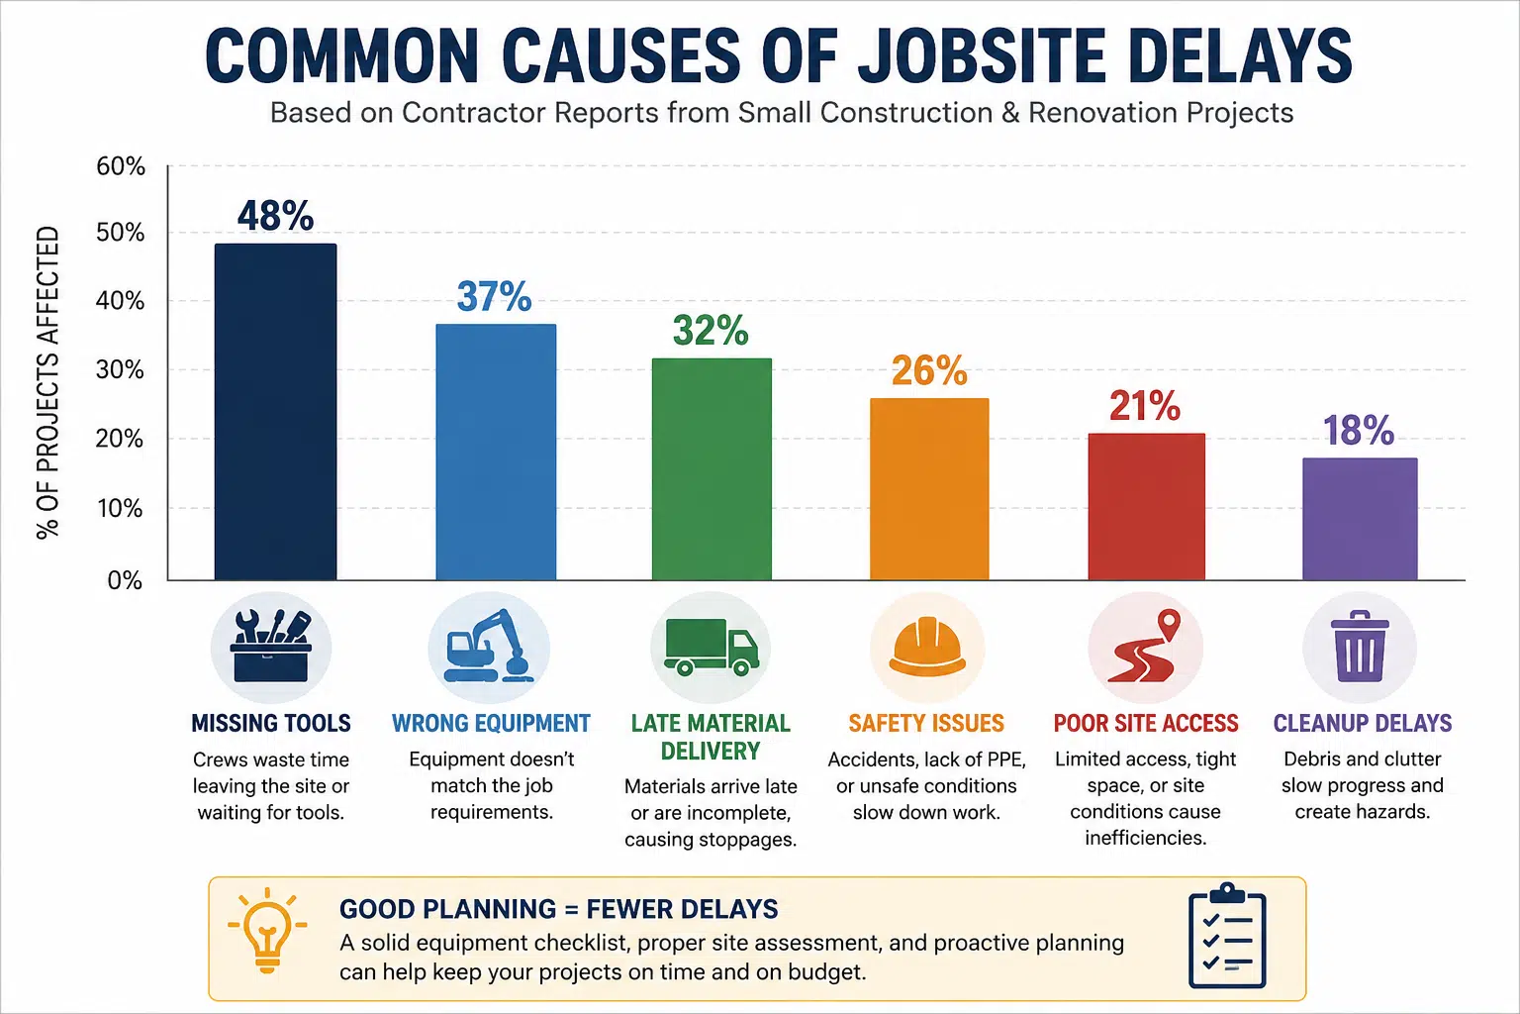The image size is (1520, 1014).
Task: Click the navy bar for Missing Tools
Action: click(x=275, y=412)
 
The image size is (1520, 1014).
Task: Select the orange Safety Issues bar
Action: click(x=929, y=489)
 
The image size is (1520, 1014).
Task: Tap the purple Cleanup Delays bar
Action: click(x=1360, y=519)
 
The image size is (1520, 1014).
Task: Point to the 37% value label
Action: click(x=494, y=297)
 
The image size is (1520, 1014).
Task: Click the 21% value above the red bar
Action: click(x=1145, y=405)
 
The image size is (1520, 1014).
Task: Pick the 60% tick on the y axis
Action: click(x=120, y=166)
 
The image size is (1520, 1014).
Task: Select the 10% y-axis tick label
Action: click(x=120, y=508)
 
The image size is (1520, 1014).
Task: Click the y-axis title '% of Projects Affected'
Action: click(x=47, y=382)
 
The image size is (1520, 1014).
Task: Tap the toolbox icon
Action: click(x=271, y=646)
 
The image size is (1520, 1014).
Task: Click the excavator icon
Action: click(x=489, y=646)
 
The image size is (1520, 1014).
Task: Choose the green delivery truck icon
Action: click(x=712, y=647)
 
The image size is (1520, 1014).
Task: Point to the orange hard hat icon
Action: click(x=927, y=646)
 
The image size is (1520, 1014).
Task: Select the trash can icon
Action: click(x=1360, y=646)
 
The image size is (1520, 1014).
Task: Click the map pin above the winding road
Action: click(x=1169, y=624)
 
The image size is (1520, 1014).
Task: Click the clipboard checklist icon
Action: click(x=1227, y=936)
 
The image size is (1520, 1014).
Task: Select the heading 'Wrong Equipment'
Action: click(x=491, y=723)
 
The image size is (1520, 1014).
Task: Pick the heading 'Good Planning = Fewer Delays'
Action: click(x=558, y=909)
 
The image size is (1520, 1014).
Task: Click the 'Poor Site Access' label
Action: click(x=1145, y=723)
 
